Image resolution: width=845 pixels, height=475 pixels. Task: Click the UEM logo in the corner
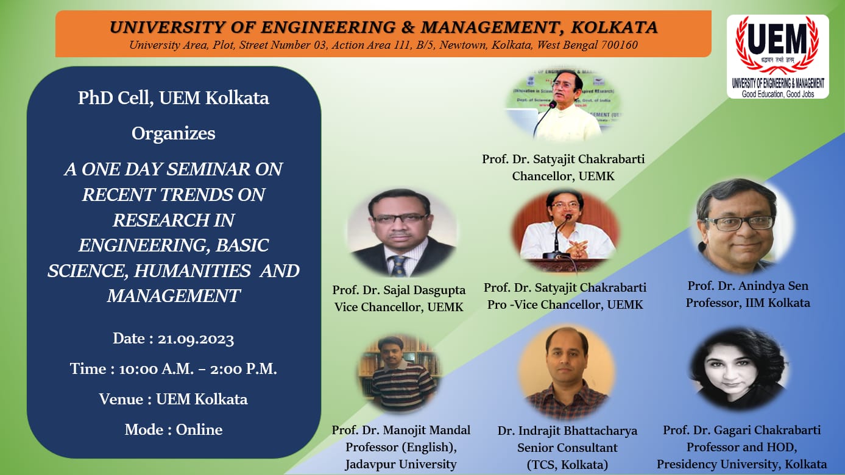pos(777,56)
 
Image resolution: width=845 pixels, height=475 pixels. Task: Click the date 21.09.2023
pos(196,339)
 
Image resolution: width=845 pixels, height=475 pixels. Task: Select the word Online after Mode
pos(199,429)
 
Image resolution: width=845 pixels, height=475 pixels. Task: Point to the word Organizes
pos(174,133)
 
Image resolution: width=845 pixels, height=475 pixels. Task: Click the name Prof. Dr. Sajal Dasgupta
pos(399,290)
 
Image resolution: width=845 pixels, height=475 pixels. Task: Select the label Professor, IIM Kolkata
pos(748,303)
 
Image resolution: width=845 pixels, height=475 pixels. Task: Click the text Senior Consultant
pos(567,448)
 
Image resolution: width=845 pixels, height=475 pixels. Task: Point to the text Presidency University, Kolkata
pos(741,464)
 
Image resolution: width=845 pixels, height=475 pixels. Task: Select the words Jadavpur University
pos(400,464)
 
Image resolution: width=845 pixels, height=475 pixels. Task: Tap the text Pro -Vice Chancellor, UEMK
pos(565,304)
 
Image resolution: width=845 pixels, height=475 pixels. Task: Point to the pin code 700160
pos(618,45)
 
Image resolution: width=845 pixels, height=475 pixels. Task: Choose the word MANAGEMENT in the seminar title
pos(174,296)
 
